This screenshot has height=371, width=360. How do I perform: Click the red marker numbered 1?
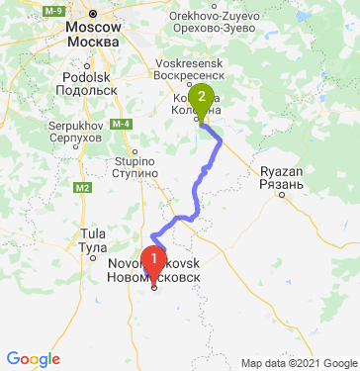click(153, 260)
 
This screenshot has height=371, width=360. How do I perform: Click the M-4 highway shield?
click(122, 123)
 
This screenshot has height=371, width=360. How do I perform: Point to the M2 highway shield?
click(81, 186)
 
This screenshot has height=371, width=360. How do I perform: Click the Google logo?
click(33, 358)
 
